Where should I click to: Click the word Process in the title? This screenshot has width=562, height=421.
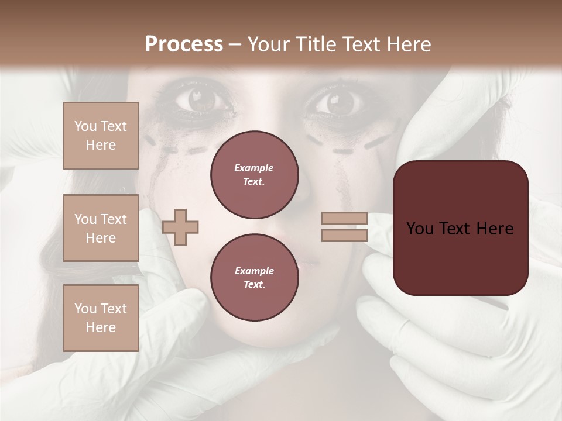(x=184, y=44)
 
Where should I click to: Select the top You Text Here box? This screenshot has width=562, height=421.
(x=101, y=136)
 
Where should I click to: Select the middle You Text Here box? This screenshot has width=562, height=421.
(x=101, y=228)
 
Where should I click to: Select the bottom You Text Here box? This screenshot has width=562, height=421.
(x=101, y=318)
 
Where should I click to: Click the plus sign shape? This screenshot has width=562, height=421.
(x=180, y=227)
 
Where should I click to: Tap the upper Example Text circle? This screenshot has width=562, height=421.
(x=254, y=174)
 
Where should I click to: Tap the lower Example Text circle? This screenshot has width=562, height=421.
(x=254, y=277)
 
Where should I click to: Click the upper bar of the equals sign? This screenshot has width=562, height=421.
(x=344, y=218)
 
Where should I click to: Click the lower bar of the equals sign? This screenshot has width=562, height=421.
(x=344, y=235)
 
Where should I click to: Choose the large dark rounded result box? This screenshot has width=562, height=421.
(x=460, y=227)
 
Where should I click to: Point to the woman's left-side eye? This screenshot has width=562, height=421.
(x=201, y=101)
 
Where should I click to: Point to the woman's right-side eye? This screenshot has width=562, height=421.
(x=340, y=102)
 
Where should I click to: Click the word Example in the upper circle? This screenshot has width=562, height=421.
(x=254, y=168)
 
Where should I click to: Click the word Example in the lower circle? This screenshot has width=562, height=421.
(x=254, y=271)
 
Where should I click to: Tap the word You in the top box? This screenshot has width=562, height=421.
(x=85, y=126)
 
